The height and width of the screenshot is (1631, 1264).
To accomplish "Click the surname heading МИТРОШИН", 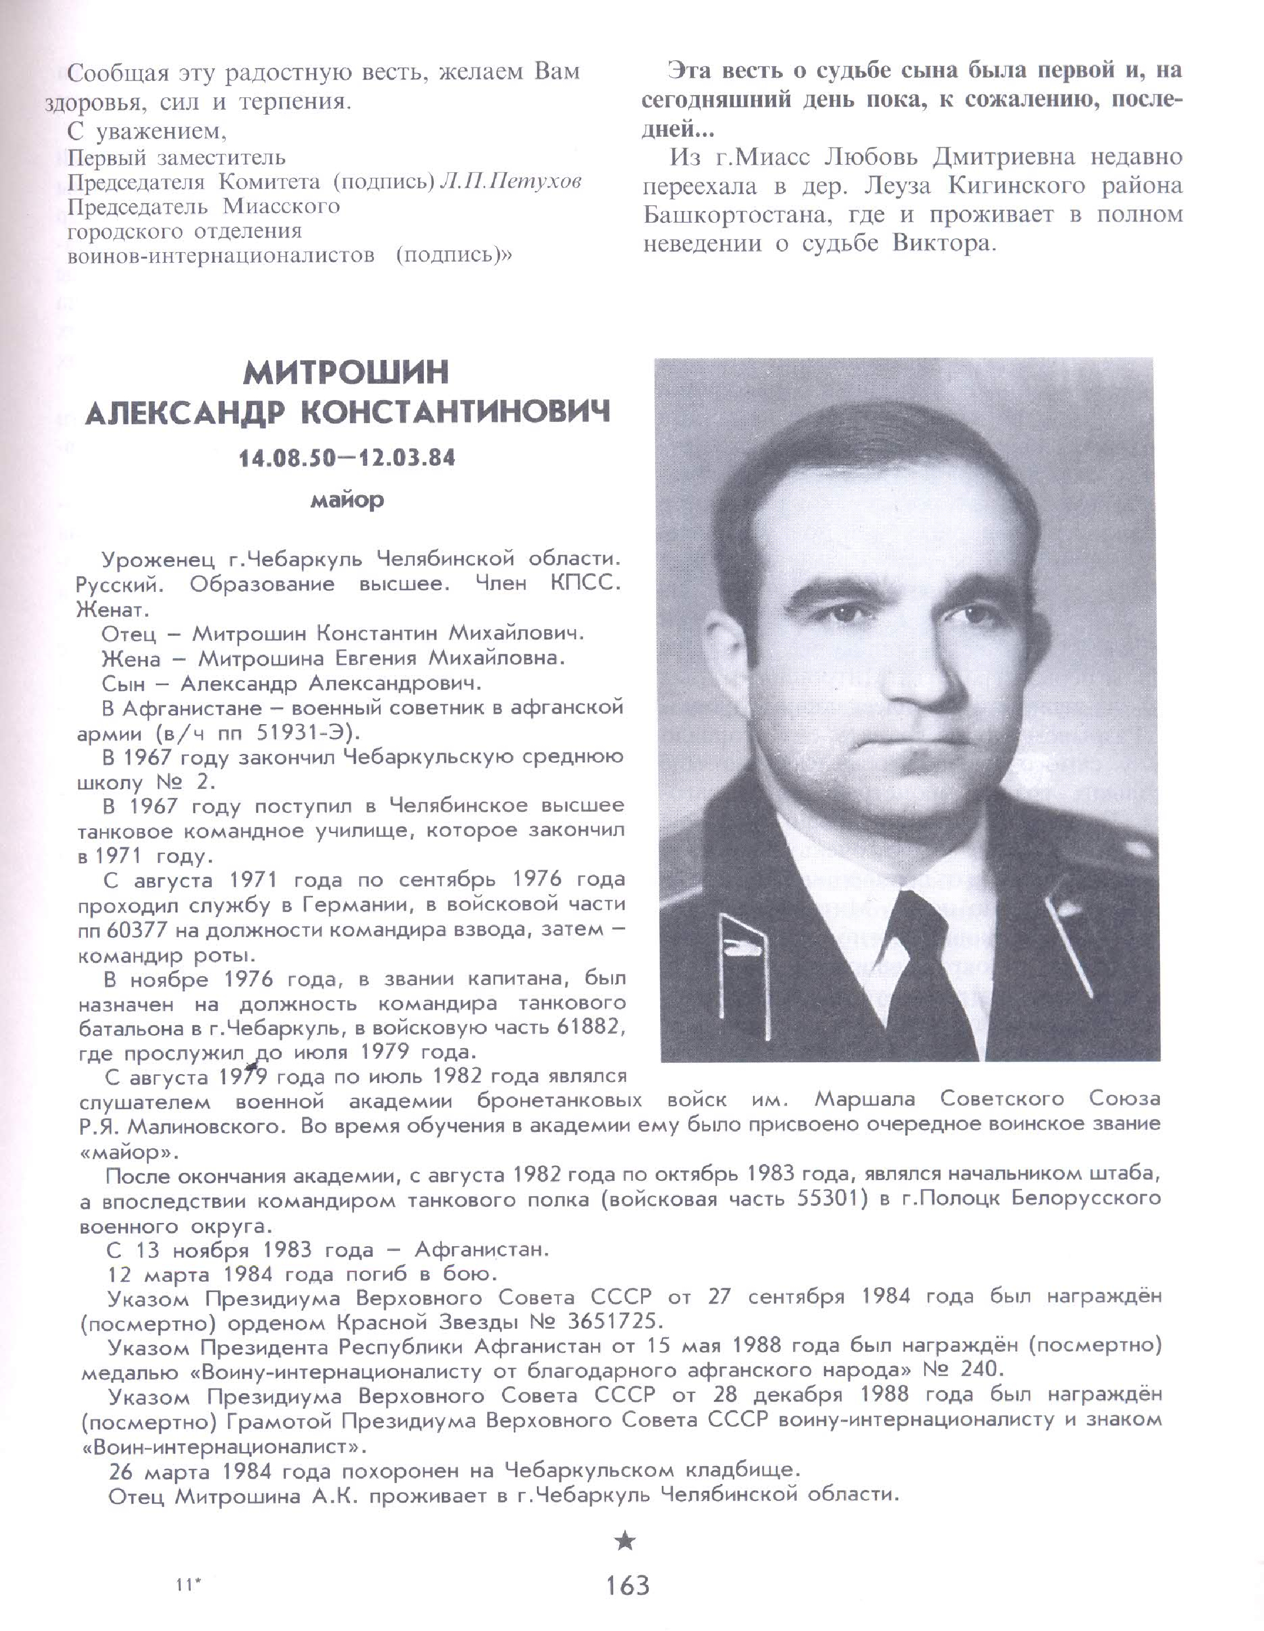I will point(347,372).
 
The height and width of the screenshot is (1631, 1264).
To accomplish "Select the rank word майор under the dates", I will point(347,500).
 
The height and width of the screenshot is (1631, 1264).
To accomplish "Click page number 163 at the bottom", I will point(628,1585).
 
